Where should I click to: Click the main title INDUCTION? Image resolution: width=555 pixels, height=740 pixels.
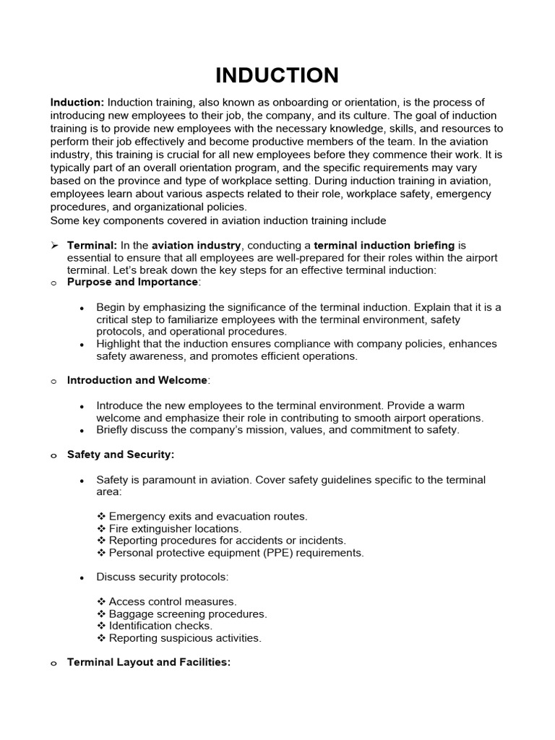pyautogui.click(x=277, y=74)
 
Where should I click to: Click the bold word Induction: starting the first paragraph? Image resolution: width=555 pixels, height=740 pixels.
pyautogui.click(x=77, y=103)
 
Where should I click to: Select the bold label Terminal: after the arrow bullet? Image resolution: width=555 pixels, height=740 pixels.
pyautogui.click(x=92, y=246)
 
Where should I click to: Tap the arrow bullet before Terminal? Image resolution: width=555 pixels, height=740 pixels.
pyautogui.click(x=54, y=246)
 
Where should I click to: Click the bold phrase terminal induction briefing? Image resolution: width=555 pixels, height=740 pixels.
pyautogui.click(x=384, y=246)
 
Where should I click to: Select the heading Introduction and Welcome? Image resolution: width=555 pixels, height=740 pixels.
pyautogui.click(x=137, y=380)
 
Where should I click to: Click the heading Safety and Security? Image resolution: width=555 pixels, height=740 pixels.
pyautogui.click(x=121, y=455)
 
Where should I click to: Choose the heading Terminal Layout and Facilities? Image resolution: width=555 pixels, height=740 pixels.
pyautogui.click(x=149, y=662)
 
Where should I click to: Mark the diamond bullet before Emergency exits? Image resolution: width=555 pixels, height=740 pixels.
pyautogui.click(x=101, y=516)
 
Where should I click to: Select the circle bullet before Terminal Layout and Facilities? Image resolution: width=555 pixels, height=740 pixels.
pyautogui.click(x=54, y=663)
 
